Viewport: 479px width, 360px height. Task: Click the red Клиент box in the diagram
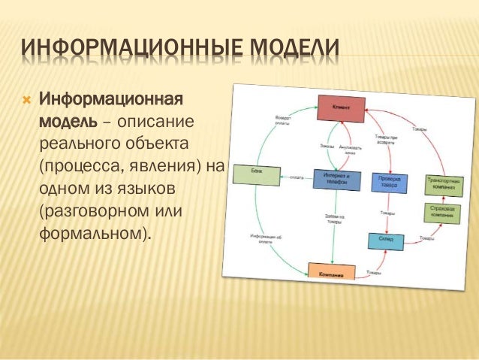(x=339, y=108)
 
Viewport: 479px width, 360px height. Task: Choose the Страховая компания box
(x=443, y=211)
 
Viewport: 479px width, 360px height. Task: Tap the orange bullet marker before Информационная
(x=26, y=100)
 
